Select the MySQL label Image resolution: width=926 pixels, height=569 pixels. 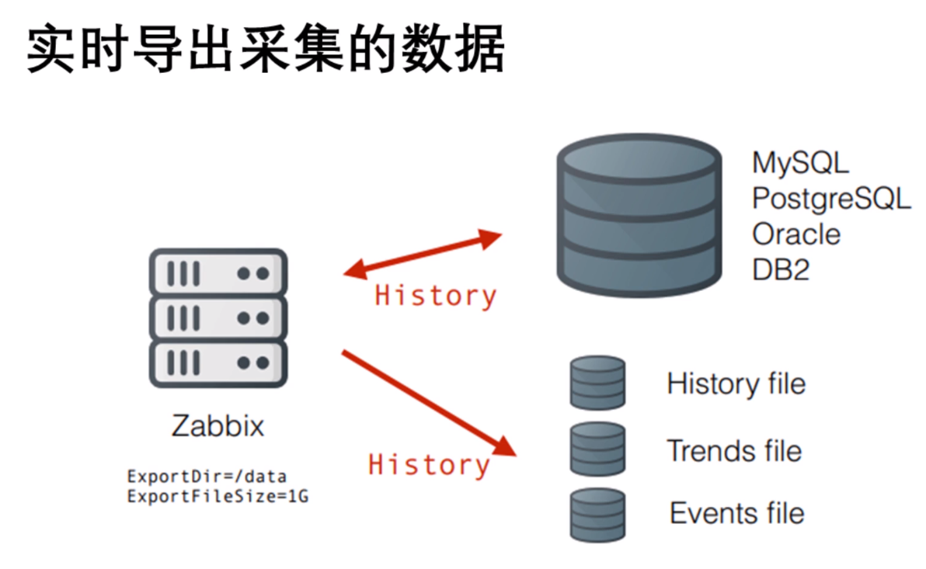800,163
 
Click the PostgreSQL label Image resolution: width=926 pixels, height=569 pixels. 830,199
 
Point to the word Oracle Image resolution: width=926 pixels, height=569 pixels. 795,234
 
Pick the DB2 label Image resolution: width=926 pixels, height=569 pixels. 781,269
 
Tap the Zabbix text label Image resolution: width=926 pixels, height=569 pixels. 218,426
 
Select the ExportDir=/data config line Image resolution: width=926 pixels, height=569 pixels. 207,476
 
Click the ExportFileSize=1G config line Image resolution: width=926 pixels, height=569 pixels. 218,495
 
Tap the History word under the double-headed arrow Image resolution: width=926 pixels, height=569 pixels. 435,296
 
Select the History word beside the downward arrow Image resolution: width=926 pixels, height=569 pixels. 429,464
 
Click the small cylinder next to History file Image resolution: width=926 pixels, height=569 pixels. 597,383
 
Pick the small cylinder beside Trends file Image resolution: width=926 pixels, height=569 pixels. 597,449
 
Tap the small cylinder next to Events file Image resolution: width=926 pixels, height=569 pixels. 597,513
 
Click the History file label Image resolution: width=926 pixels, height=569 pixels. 736,383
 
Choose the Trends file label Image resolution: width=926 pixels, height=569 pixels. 733,450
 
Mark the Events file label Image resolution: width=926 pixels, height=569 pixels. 736,513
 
